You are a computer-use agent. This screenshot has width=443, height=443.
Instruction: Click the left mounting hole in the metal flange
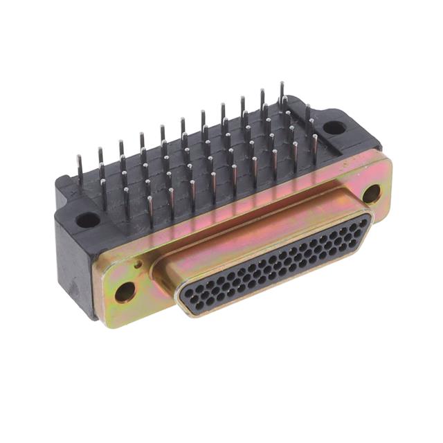tap(125, 291)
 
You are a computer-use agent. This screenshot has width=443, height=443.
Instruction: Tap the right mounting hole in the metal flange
tap(371, 194)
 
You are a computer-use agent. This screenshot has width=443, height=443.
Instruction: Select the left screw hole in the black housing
tap(88, 220)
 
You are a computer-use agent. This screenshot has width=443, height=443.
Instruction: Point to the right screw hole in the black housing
tap(334, 127)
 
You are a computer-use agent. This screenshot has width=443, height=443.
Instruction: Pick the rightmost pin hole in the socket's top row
tap(357, 221)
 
